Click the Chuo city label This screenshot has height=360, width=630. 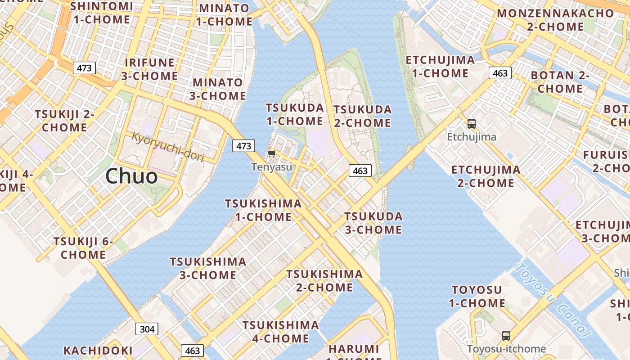[131, 176]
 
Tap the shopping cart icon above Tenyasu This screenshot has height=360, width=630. [271, 154]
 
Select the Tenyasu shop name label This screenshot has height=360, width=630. [271, 167]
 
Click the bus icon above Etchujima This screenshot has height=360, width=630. [471, 124]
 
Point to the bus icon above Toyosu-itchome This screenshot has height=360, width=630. [506, 336]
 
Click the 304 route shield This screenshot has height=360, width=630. [147, 329]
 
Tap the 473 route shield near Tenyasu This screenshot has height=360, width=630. [243, 146]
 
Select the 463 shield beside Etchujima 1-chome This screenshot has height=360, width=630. [500, 73]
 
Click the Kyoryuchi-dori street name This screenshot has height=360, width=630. [168, 147]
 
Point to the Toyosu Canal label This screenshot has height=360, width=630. [552, 300]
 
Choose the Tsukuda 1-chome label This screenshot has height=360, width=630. [295, 114]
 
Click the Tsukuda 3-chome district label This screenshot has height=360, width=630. [373, 223]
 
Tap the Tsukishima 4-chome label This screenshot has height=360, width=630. [281, 332]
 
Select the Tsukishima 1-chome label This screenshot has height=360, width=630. [263, 210]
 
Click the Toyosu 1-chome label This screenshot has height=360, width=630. [477, 296]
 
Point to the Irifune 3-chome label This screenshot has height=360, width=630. [149, 69]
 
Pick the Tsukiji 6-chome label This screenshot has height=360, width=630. [83, 248]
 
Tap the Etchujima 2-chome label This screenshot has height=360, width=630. [486, 176]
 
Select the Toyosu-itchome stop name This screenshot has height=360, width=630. [506, 349]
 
